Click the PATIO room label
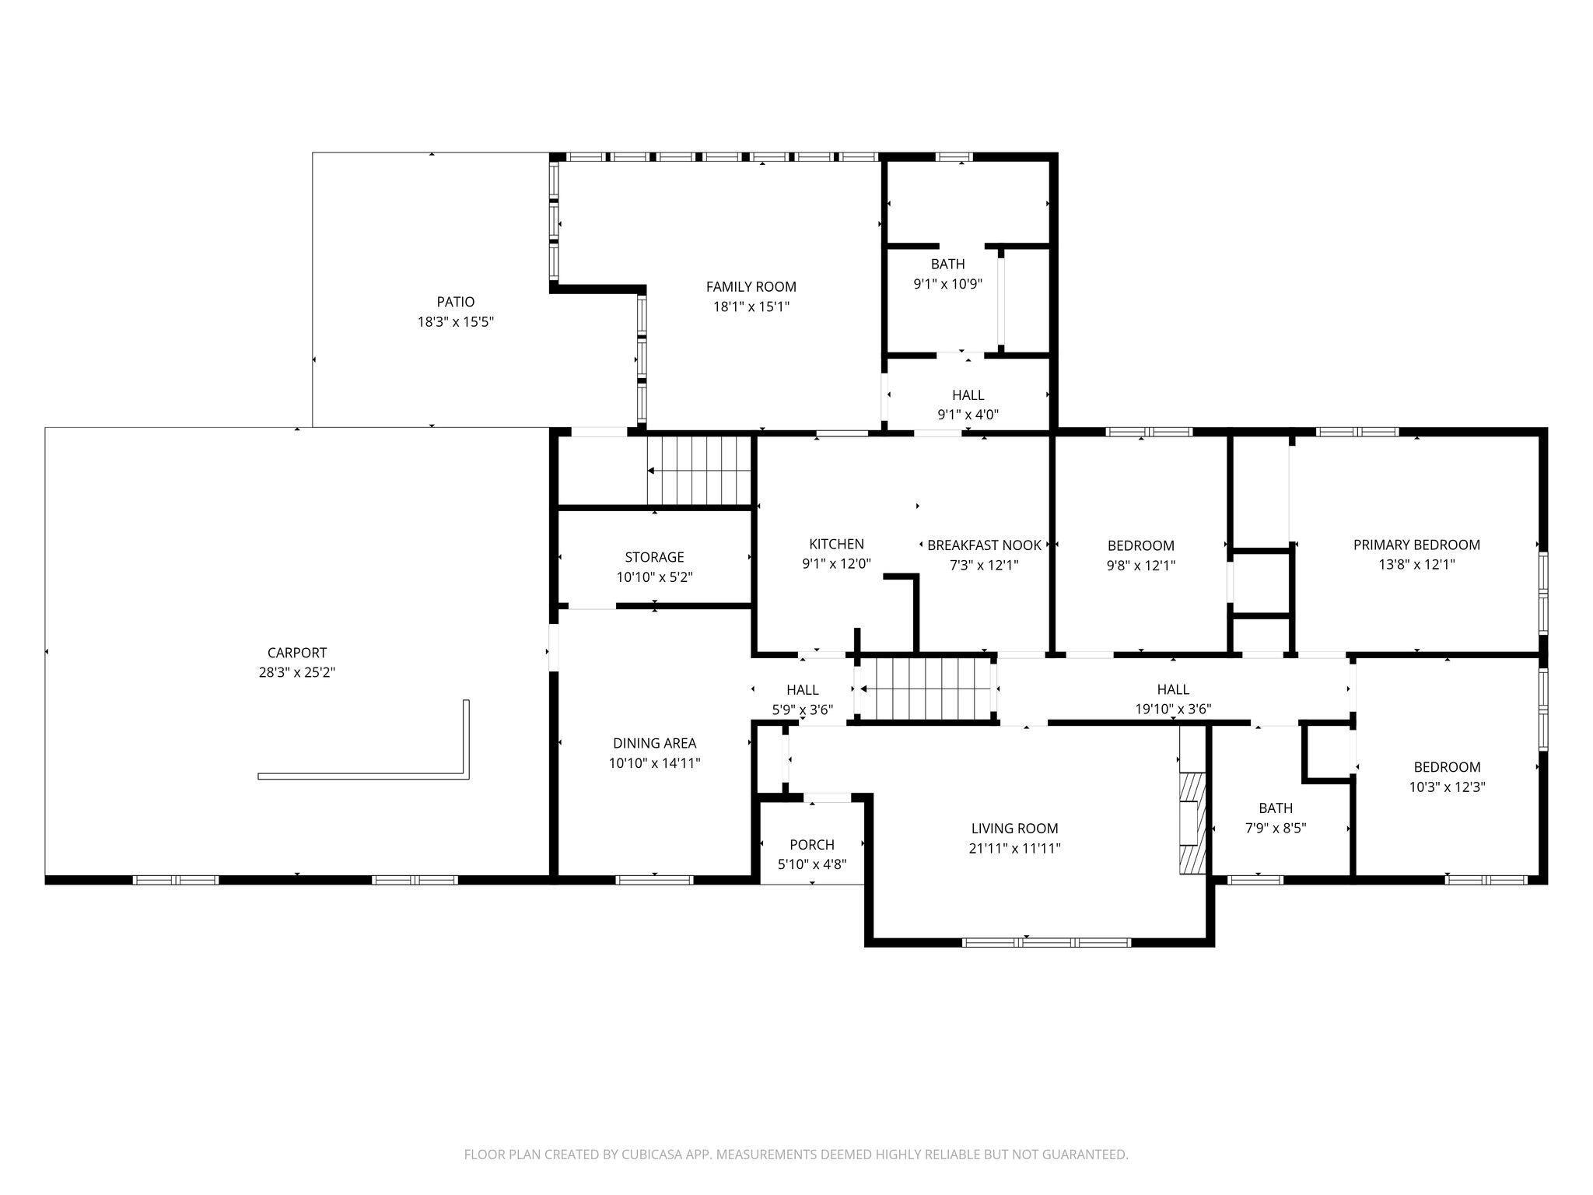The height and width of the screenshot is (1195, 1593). tap(455, 302)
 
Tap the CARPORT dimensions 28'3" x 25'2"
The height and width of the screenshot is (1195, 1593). tap(297, 672)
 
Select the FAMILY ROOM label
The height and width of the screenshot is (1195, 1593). tap(751, 287)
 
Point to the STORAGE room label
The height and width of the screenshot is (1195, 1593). tap(654, 557)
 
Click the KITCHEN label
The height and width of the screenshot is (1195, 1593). tap(836, 544)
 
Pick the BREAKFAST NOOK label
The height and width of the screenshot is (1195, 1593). tap(984, 545)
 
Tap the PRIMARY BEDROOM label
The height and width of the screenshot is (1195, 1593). tap(1416, 545)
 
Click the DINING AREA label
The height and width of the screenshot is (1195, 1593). tap(654, 743)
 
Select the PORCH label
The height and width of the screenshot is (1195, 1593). tap(811, 844)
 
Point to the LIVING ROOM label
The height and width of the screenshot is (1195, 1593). tap(1014, 829)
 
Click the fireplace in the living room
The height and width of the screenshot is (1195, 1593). tap(1192, 823)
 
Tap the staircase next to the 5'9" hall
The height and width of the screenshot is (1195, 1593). tap(926, 689)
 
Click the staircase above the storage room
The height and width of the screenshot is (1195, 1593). tap(699, 471)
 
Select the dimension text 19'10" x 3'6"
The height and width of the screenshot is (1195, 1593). tap(1173, 709)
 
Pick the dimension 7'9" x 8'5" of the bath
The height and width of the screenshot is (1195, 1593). tap(1276, 828)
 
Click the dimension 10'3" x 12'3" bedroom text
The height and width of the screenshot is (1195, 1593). tap(1447, 787)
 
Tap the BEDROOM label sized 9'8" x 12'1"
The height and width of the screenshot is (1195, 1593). tap(1140, 545)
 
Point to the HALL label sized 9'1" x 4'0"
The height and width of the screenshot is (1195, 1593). tap(968, 395)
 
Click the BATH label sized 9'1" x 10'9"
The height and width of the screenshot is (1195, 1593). tap(947, 264)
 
